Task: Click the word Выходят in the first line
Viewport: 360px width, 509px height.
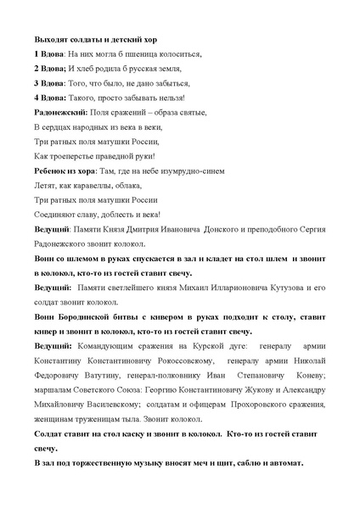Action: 50,39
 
